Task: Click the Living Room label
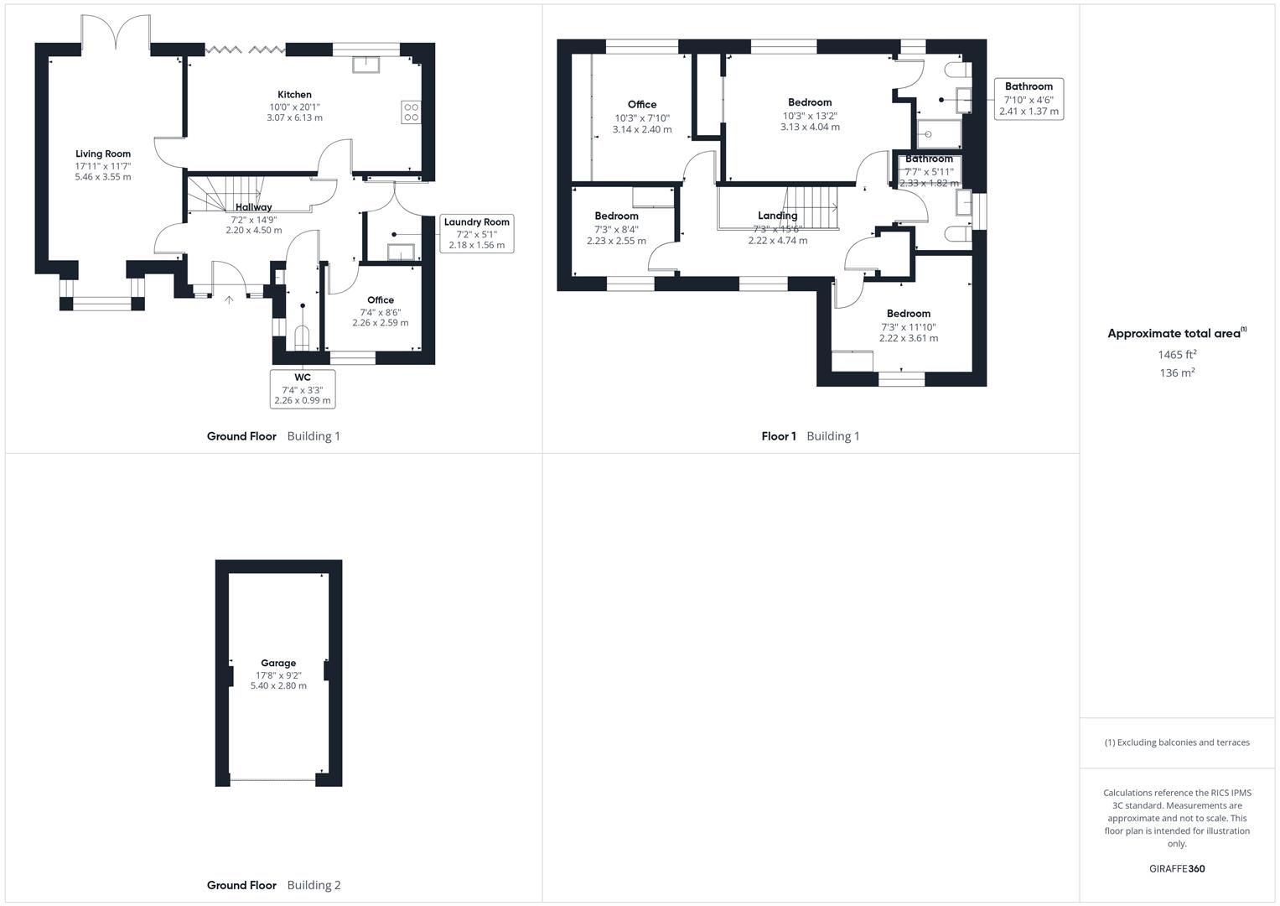103,154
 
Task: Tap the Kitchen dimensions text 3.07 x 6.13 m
294,118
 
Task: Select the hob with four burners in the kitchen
411,112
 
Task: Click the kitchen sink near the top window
365,64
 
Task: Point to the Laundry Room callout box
476,234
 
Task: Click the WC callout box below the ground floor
303,389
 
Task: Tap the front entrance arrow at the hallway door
229,298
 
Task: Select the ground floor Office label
381,300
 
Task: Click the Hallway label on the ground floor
253,207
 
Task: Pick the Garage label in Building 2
278,663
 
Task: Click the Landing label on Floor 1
777,216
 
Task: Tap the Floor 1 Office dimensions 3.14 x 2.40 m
642,130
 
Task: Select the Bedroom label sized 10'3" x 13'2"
810,102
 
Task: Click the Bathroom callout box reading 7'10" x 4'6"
1029,99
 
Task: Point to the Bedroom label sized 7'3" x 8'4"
616,216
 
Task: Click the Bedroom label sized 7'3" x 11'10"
909,314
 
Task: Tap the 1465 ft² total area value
1177,355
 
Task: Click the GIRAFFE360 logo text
1177,869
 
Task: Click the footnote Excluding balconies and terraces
1177,742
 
